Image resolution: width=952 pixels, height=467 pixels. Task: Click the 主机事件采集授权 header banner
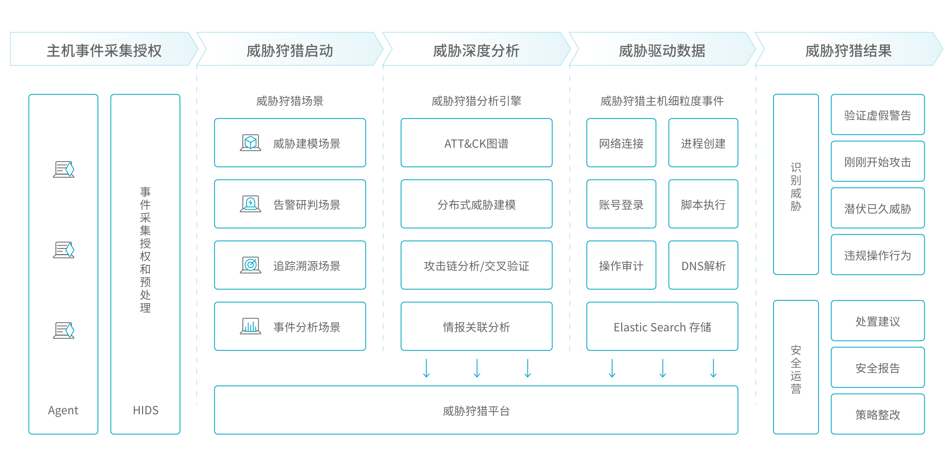coord(104,50)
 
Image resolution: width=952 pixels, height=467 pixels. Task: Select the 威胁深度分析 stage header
coord(476,50)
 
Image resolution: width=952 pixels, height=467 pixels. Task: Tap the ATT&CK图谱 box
coord(476,143)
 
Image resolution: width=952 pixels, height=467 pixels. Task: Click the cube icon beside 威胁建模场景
coord(250,143)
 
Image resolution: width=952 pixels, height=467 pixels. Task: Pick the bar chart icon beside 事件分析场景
coord(250,326)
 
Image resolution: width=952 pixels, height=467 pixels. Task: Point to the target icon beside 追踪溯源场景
coord(250,265)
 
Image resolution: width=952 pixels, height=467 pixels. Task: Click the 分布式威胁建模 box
coord(476,204)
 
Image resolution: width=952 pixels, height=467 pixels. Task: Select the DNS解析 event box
coord(703,265)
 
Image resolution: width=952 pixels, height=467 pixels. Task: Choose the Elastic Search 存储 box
coord(662,326)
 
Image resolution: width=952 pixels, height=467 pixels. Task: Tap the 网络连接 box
coord(621,143)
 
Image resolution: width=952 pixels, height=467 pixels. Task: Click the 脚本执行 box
coord(703,204)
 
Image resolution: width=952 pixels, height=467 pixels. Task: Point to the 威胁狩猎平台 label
coord(476,411)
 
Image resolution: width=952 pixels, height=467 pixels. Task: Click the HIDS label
coord(146,410)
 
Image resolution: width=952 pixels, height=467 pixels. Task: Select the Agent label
coord(63,410)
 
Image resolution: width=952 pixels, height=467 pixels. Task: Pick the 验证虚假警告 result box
coord(878,115)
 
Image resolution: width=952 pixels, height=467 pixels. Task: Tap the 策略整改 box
coord(878,414)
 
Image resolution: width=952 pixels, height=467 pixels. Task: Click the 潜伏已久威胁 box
coord(878,208)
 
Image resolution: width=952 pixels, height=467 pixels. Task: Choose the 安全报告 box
coord(878,368)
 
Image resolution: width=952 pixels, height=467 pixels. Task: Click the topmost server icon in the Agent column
coord(64,169)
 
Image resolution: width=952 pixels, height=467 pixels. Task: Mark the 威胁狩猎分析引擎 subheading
coord(476,101)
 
